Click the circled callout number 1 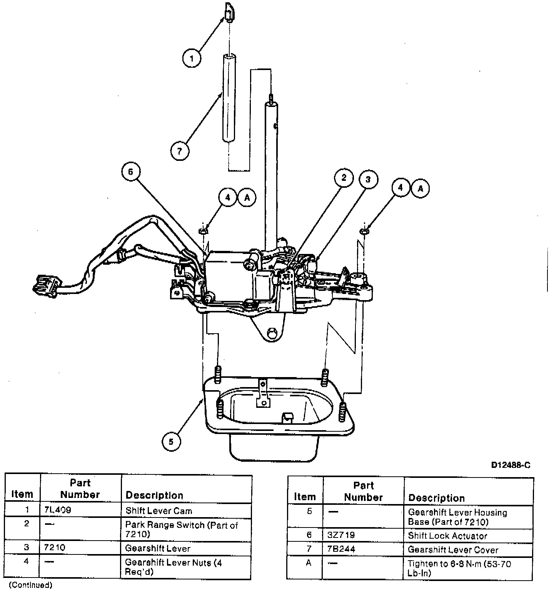coord(192,58)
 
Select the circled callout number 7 coord(180,150)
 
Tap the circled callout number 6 coord(130,172)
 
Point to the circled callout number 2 coord(344,178)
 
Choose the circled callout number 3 coord(368,179)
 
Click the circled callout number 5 coord(171,441)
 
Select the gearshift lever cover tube coord(229,98)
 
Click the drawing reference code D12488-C coord(511,465)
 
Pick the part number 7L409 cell coord(58,511)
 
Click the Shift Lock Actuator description coord(447,536)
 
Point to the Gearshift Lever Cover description coord(453,550)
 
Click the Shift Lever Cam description coord(159,511)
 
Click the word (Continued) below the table coord(30,585)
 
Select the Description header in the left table coord(154,495)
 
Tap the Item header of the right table coord(305,497)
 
